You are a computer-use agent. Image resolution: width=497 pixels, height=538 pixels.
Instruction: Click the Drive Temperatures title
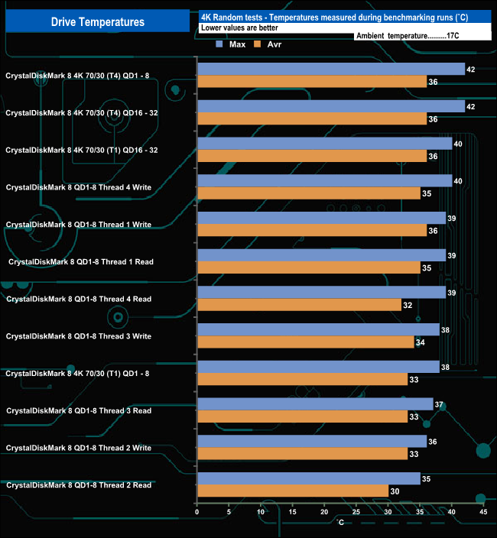click(97, 22)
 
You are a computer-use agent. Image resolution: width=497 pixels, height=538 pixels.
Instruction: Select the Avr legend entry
click(272, 44)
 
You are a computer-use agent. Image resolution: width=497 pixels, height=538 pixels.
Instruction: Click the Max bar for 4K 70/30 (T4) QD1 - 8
click(331, 70)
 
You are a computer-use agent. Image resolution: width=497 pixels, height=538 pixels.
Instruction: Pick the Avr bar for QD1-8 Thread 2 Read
click(292, 491)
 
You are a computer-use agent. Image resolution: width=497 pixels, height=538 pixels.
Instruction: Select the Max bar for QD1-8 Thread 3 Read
click(315, 404)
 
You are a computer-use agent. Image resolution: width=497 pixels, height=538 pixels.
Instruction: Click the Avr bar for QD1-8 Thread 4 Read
click(299, 305)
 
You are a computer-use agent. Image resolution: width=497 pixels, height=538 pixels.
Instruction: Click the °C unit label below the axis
click(340, 522)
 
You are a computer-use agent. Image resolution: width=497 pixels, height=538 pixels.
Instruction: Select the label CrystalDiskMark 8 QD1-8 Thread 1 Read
click(80, 262)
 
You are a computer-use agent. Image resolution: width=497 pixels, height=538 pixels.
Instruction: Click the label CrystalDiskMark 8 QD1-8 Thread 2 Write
click(79, 448)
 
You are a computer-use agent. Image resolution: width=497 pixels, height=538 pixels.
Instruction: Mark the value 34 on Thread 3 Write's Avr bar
click(421, 342)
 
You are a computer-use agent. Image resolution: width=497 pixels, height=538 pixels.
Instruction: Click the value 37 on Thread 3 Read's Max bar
click(439, 404)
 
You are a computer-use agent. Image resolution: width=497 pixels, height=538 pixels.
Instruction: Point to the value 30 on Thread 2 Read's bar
click(395, 491)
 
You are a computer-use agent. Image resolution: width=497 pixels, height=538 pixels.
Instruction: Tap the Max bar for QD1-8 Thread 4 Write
click(324, 181)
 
